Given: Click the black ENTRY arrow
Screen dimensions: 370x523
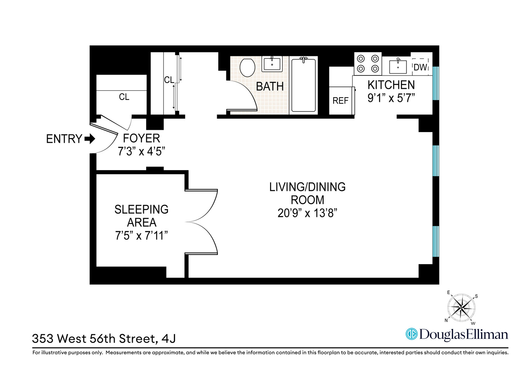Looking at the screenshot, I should coord(90,139).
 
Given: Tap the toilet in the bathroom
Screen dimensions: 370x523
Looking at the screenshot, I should coord(247,67).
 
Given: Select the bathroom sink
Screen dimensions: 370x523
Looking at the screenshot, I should coord(272,64).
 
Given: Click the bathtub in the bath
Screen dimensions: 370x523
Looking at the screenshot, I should coord(303,85).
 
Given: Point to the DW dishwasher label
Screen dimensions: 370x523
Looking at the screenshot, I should coord(420,67).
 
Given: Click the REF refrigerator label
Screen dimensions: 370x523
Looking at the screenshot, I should coord(340,101).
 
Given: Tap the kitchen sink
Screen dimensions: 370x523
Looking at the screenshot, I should coord(398,67).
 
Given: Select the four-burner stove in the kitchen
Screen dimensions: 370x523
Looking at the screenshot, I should coord(368,64).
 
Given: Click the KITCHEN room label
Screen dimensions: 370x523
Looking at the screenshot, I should coord(391,85).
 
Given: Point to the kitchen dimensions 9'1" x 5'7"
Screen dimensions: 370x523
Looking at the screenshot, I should coord(391,98).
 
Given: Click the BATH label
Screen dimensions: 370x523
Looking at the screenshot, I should coord(270,87).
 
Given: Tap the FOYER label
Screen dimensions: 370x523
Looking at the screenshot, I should coord(141,138).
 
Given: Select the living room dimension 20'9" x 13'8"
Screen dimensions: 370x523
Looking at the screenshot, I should coord(307,213).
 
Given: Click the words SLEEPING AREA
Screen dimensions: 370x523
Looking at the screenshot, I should coord(141,216).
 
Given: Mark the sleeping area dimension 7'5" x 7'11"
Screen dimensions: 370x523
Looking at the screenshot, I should coord(141,235).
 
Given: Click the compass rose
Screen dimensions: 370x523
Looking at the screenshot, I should coord(461,307).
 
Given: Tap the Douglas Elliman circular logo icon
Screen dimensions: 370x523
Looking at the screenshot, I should coord(411,334).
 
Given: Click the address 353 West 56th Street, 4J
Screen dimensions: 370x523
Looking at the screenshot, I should coord(104,339).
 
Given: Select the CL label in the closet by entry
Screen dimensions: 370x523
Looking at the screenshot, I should coord(124,97).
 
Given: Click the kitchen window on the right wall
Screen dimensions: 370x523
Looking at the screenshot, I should coord(436,83).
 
